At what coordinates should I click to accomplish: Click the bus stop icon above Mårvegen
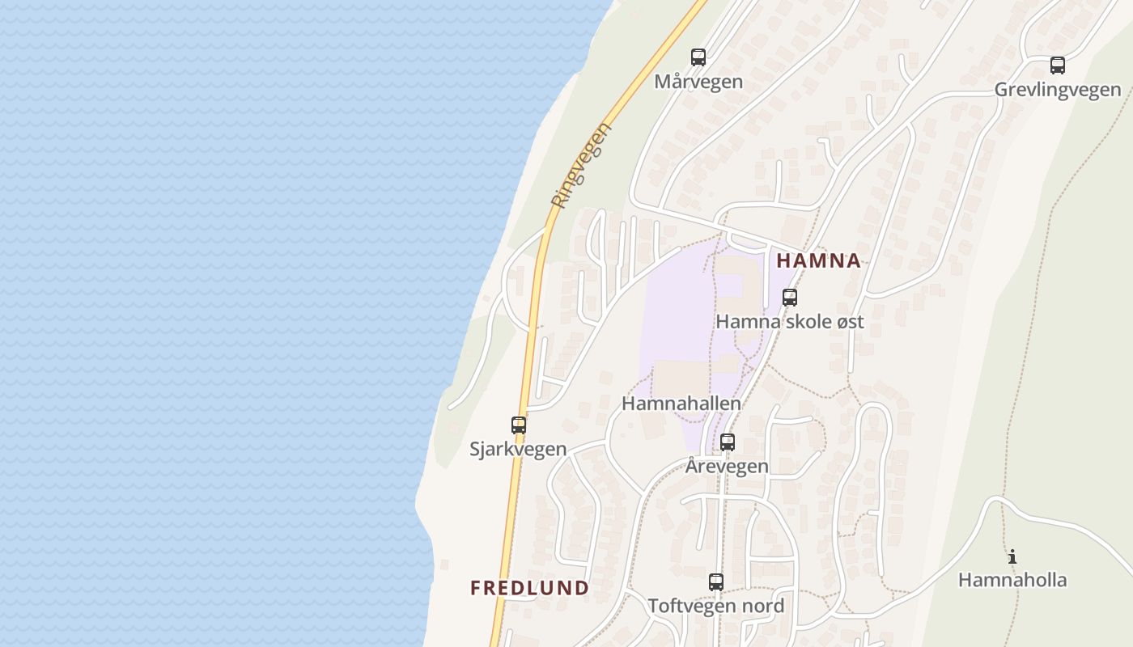coord(698,57)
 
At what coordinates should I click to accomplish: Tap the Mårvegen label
coord(698,82)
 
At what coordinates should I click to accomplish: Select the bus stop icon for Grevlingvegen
coord(1058,66)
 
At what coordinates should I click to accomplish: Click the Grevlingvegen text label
coord(1058,90)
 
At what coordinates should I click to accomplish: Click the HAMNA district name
coord(818,260)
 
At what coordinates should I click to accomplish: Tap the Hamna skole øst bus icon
coord(790,297)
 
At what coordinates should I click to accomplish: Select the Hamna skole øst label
coord(790,321)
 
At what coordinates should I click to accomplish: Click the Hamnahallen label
coord(681,403)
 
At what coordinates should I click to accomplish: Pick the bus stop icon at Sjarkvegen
coord(519,425)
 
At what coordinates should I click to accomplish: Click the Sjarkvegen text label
coord(518,449)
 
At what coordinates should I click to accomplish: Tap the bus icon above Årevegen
coord(728,442)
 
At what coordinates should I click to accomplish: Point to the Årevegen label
coord(727,467)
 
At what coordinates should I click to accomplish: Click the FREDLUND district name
coord(529,588)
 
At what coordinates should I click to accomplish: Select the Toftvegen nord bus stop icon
coord(716,581)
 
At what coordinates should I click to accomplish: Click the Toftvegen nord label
coord(716,606)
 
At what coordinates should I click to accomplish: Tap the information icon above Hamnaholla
coord(1012,556)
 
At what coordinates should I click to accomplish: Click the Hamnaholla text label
coord(1012,580)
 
